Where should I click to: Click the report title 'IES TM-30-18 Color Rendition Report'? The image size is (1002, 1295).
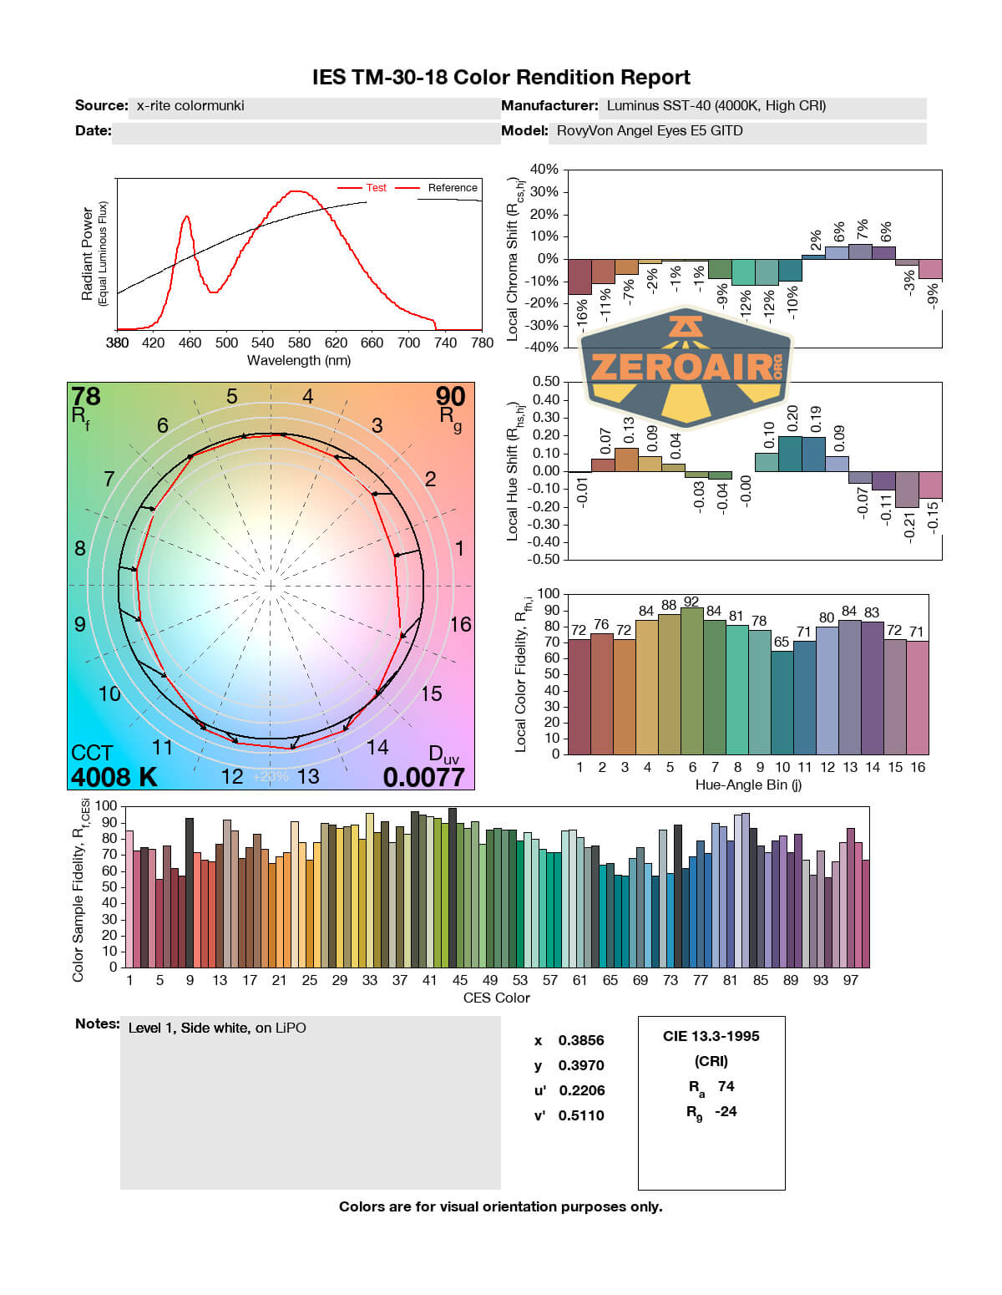(501, 78)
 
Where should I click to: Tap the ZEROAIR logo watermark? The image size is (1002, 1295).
(686, 366)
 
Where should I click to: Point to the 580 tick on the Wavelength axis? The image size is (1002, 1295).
(299, 343)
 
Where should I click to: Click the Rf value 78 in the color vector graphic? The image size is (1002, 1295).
(86, 396)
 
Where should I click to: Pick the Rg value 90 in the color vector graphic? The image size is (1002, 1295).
(450, 396)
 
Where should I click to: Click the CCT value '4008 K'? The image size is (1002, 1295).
(114, 777)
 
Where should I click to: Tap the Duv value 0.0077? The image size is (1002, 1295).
(423, 777)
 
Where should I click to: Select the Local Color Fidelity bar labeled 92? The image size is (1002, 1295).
(691, 681)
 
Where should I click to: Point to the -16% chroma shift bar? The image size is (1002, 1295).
(579, 277)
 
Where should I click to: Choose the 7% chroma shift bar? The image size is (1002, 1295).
(860, 251)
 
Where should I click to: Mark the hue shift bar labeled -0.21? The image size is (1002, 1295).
(907, 490)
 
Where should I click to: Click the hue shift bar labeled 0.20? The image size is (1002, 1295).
(790, 454)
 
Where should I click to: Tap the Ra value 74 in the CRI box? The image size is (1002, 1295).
(726, 1086)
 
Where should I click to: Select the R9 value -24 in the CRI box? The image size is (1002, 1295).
(726, 1111)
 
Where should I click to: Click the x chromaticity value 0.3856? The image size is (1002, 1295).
(581, 1040)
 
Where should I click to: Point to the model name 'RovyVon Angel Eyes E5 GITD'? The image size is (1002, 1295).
(650, 131)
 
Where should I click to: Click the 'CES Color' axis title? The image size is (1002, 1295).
(496, 998)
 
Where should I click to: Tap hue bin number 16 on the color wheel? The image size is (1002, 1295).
(460, 624)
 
